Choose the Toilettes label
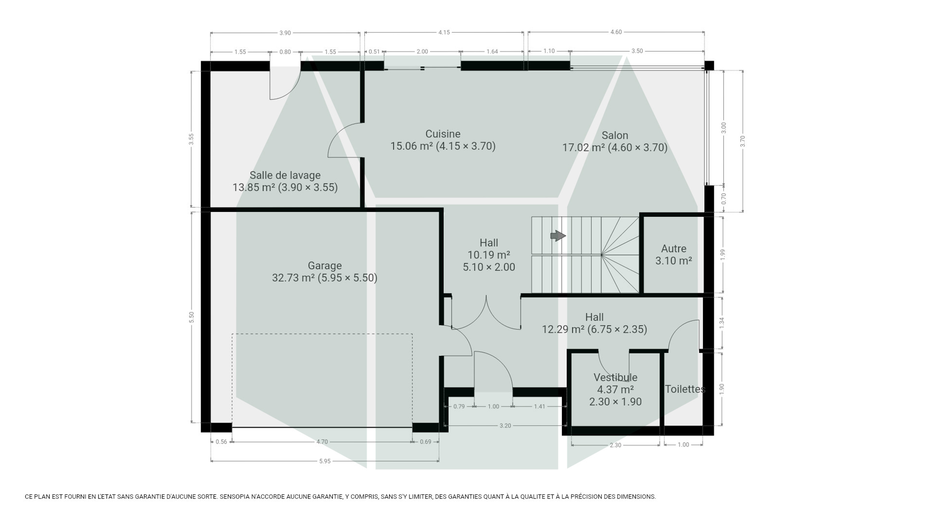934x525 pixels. tap(685, 389)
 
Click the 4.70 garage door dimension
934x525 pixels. tap(322, 442)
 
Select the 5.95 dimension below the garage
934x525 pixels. tap(325, 461)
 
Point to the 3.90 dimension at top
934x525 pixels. tap(285, 33)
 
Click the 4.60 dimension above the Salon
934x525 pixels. tap(616, 32)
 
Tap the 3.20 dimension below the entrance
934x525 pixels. tap(505, 425)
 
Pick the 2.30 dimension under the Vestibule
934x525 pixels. tap(615, 445)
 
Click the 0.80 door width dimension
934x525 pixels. tap(285, 52)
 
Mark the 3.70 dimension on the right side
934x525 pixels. tap(742, 141)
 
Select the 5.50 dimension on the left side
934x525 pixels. tap(192, 317)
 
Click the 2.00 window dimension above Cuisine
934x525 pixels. tap(422, 51)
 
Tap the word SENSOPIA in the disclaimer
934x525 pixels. tap(234, 497)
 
